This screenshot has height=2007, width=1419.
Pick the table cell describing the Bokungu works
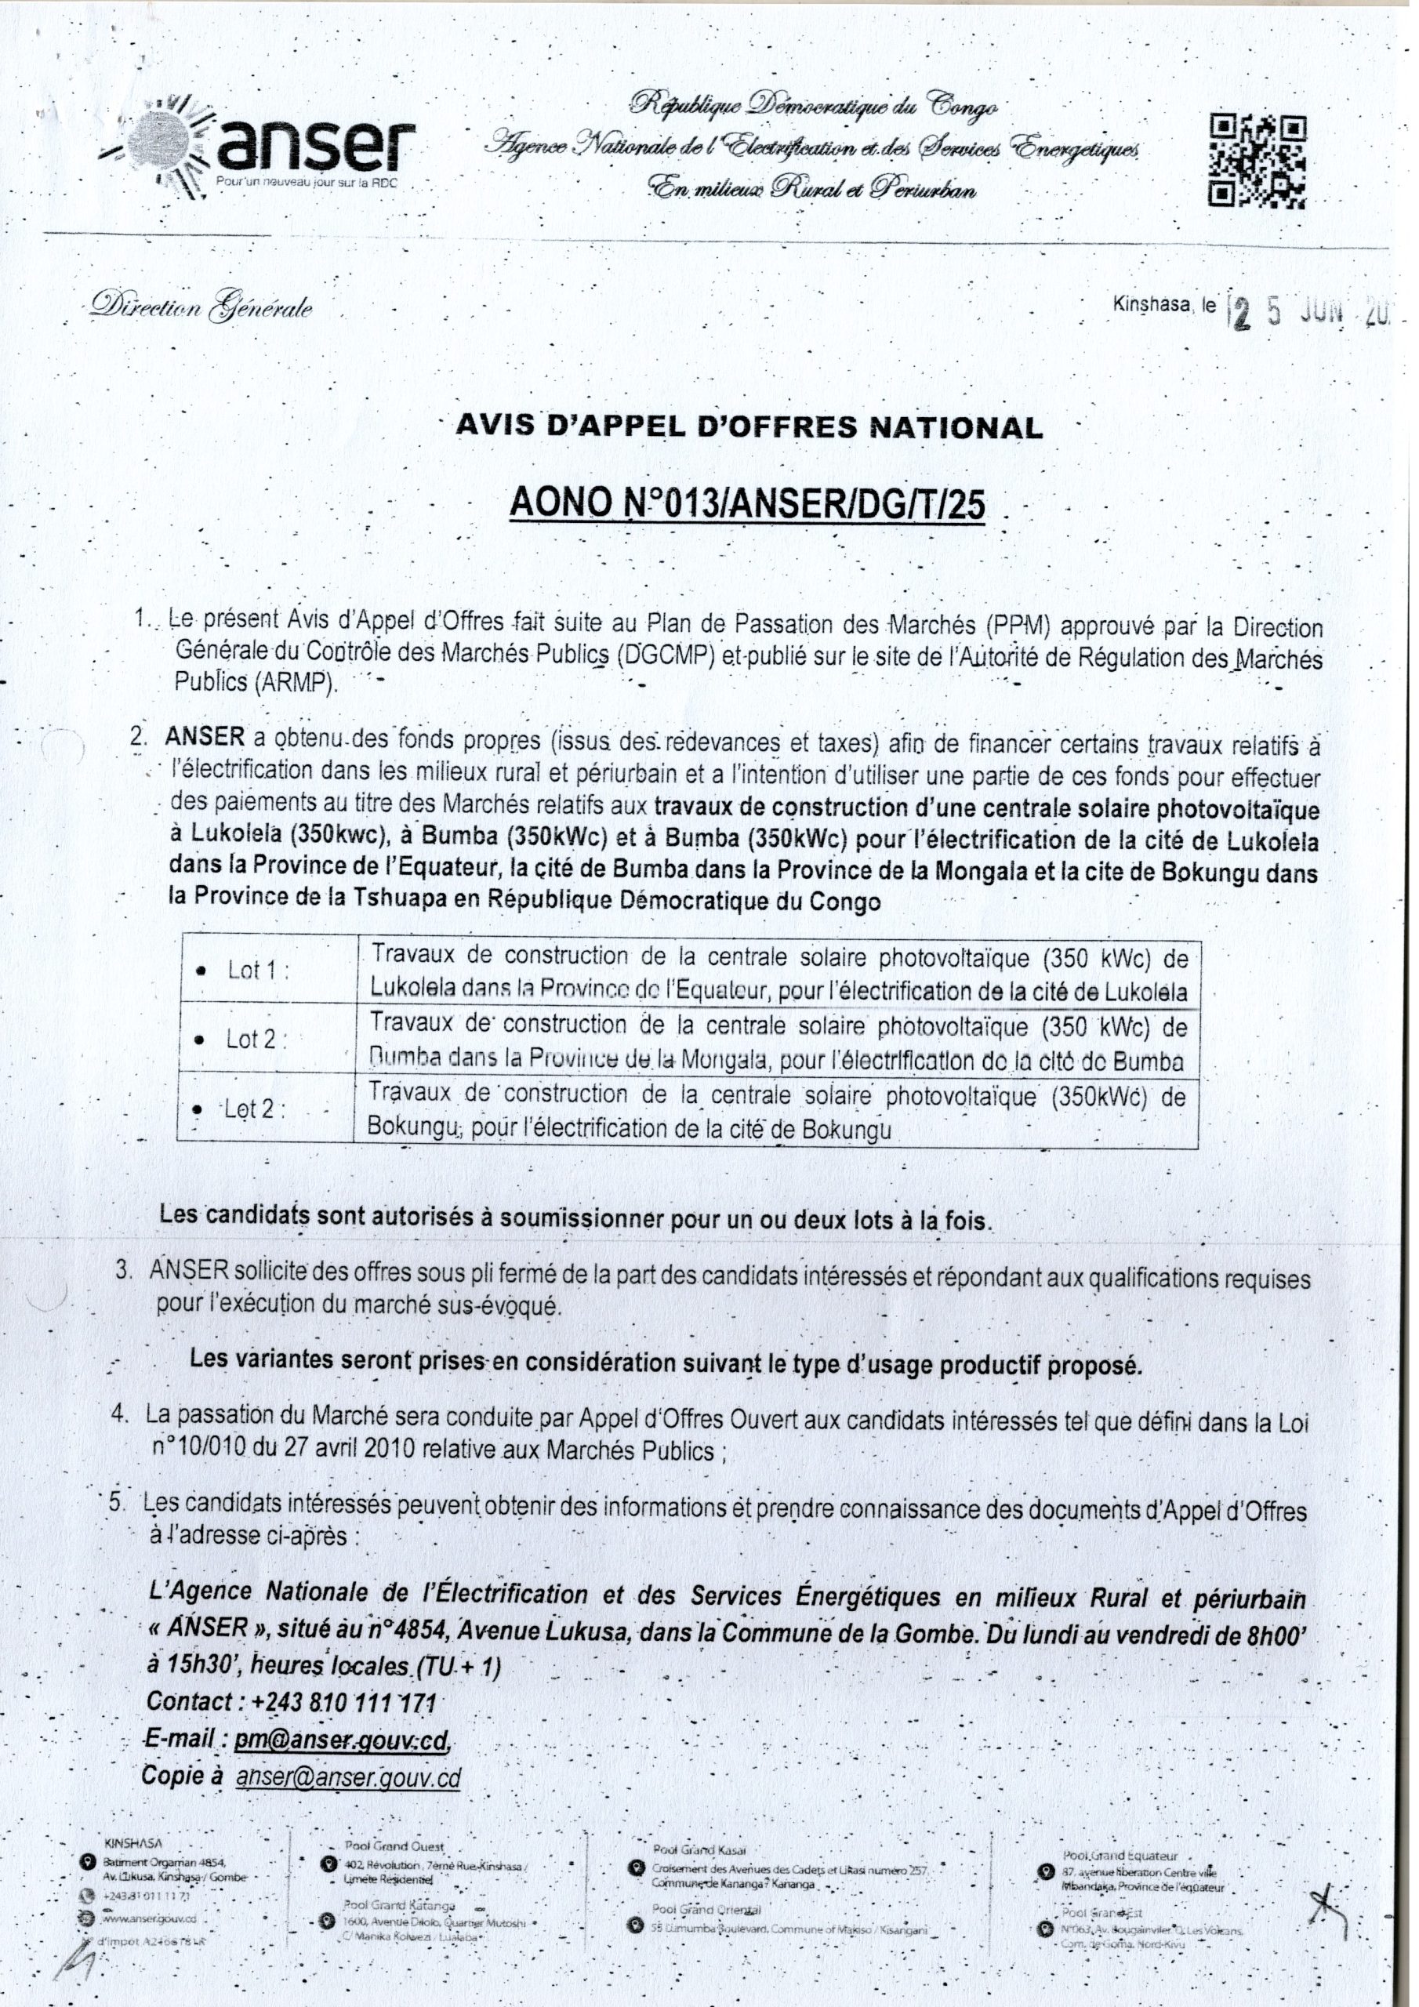[x=775, y=1112]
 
